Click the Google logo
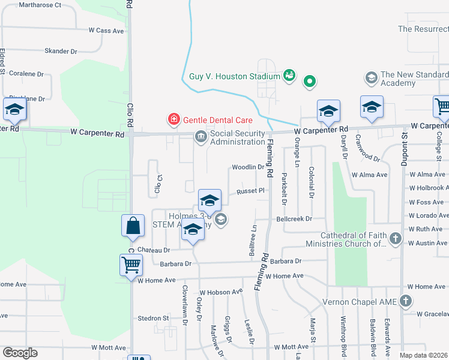coord(20,353)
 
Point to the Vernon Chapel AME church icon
coord(406,301)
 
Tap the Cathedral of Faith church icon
coord(395,239)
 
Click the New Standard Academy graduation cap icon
coord(371,77)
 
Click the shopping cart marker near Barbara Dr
coord(131,265)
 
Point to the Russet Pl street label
coord(250,191)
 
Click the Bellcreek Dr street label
coord(294,219)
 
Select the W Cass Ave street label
coord(106,30)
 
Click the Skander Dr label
coord(61,52)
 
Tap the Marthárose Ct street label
coord(40,5)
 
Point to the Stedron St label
coord(153,318)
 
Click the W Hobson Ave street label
coord(221,292)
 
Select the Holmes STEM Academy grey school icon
coord(221,220)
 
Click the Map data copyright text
coord(424,355)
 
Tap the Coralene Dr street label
coord(27,74)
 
